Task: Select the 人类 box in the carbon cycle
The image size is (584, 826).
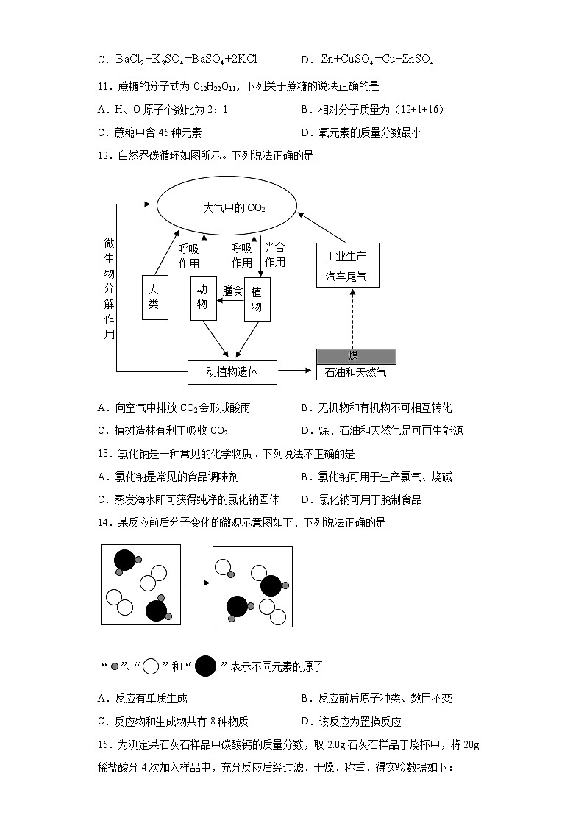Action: (x=154, y=298)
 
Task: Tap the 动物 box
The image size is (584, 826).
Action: (x=203, y=298)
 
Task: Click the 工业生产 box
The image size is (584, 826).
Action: (x=347, y=256)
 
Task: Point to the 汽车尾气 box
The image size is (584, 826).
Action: (x=347, y=277)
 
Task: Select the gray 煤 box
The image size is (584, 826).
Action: (x=355, y=357)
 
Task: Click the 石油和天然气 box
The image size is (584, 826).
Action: (x=355, y=373)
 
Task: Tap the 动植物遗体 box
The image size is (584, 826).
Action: (x=232, y=372)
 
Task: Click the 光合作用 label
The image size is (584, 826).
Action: (x=274, y=254)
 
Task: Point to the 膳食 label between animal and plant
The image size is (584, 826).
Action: (x=232, y=291)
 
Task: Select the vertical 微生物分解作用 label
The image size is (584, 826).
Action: (x=110, y=288)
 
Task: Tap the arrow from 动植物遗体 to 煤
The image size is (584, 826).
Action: (x=296, y=372)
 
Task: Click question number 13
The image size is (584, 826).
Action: (x=103, y=454)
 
